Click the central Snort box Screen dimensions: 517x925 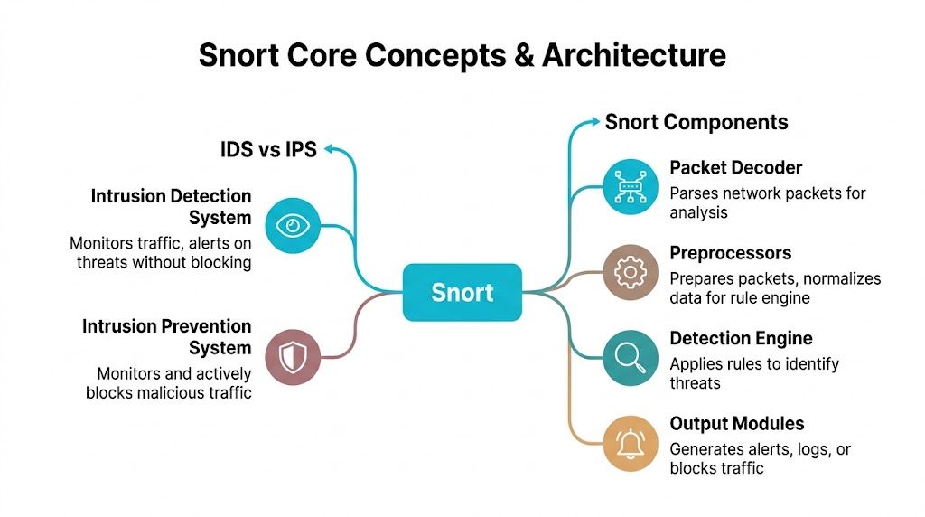click(x=462, y=292)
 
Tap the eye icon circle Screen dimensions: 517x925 click(x=293, y=224)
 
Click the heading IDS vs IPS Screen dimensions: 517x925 click(x=268, y=149)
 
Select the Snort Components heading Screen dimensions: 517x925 click(x=696, y=122)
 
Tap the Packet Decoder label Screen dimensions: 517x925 click(x=735, y=167)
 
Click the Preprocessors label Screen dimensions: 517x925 click(x=730, y=253)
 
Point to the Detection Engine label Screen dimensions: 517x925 click(x=741, y=339)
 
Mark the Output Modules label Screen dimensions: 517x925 click(x=736, y=424)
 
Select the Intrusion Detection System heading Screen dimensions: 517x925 click(x=171, y=207)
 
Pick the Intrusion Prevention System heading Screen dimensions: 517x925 click(x=166, y=337)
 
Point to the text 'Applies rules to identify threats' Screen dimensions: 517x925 click(x=754, y=373)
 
